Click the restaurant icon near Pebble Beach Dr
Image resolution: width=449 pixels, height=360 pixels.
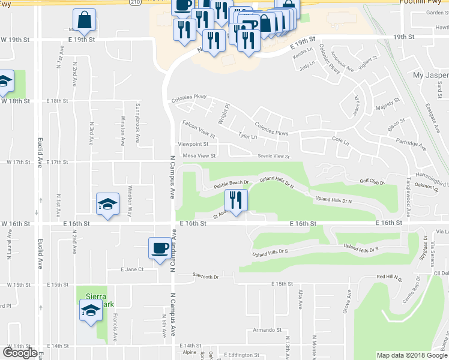tap(235, 200)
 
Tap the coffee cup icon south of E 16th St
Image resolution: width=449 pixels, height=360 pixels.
tap(159, 248)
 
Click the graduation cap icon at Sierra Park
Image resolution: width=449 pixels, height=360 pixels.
tap(90, 310)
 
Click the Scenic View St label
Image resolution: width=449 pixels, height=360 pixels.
tap(273, 157)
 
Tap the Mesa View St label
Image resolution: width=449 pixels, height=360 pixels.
tap(199, 155)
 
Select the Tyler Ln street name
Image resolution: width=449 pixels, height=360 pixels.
tap(247, 137)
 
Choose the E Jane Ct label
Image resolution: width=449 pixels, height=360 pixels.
tap(132, 269)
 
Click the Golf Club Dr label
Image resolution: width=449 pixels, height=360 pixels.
tap(372, 181)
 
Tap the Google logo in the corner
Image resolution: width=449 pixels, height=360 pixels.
tap(20, 353)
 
